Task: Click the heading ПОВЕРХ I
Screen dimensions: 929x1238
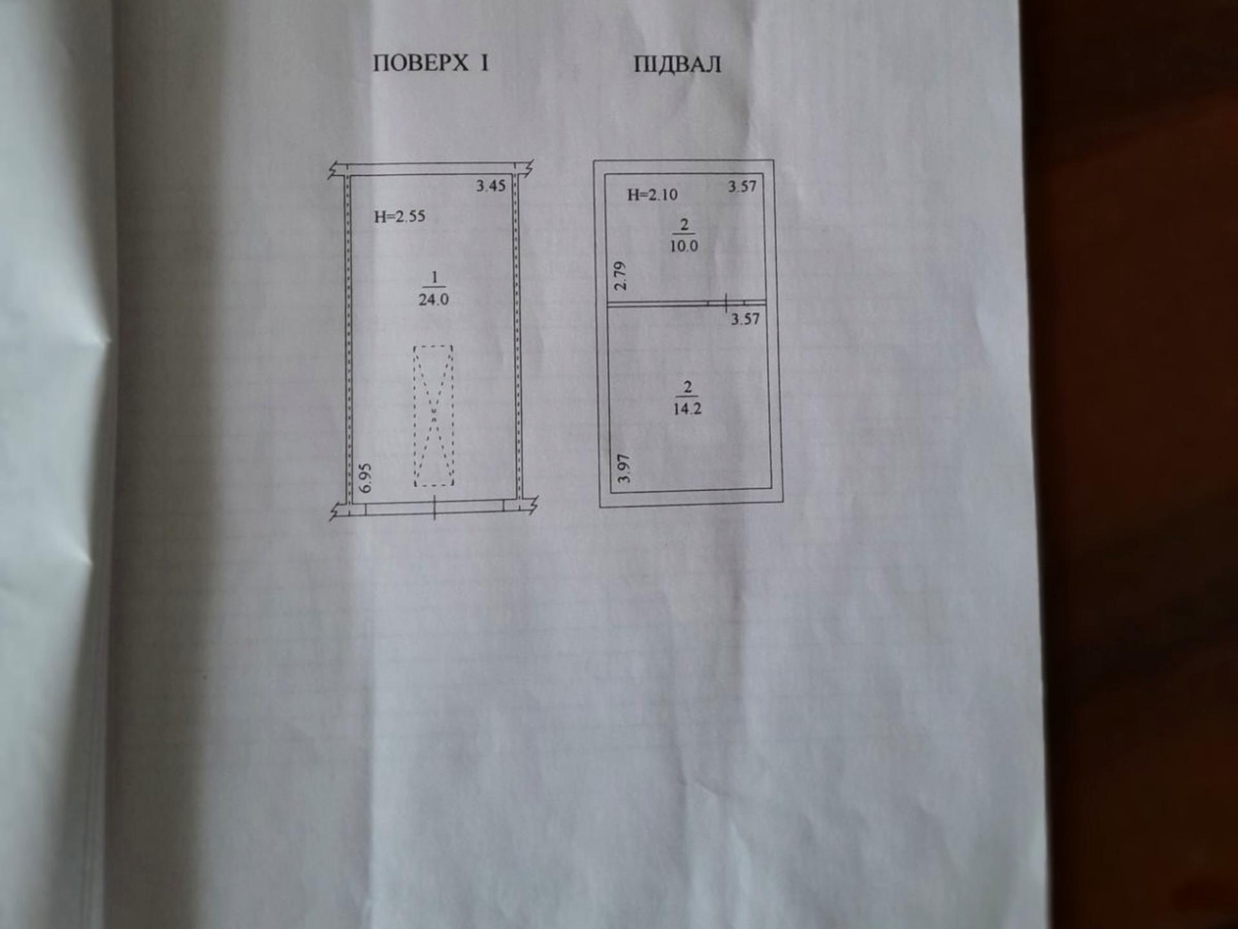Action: click(431, 63)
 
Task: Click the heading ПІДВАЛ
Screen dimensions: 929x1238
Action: click(677, 65)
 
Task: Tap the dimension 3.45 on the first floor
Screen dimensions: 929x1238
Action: click(491, 186)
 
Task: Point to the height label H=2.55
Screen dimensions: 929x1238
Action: click(400, 216)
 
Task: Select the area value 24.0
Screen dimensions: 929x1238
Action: click(433, 299)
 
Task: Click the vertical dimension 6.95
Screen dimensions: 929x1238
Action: click(366, 477)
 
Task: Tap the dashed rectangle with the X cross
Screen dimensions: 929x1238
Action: click(433, 415)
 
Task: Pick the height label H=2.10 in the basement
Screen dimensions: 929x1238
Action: click(653, 194)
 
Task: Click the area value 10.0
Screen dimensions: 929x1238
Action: click(683, 246)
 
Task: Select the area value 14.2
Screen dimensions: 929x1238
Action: click(687, 408)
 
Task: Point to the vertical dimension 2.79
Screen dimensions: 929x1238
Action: click(620, 275)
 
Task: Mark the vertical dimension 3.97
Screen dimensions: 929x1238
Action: click(624, 468)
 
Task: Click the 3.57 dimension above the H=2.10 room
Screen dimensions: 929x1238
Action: click(742, 186)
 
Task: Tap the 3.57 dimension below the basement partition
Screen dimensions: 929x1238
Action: click(745, 319)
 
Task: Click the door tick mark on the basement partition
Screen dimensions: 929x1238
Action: click(726, 302)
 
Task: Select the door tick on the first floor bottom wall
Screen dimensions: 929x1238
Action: click(435, 508)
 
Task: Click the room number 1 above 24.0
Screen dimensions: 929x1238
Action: click(434, 277)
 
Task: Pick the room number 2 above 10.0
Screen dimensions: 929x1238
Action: click(684, 225)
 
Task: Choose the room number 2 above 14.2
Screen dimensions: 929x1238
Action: click(687, 387)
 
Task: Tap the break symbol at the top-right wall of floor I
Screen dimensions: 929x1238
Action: click(528, 169)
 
